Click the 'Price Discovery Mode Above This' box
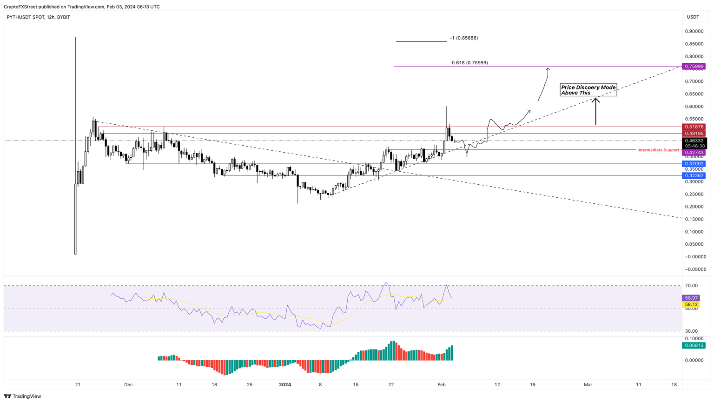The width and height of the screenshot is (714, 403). coord(588,90)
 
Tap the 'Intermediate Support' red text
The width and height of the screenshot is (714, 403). coord(658,150)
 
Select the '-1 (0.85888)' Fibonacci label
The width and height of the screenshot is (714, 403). coord(463,38)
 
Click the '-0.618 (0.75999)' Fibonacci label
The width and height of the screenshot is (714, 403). coord(469,62)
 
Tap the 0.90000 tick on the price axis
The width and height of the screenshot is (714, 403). coord(693,31)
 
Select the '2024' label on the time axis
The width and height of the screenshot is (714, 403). coord(285,384)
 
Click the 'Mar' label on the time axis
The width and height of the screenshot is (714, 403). coord(588,384)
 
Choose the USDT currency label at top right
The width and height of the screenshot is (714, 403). coord(693,17)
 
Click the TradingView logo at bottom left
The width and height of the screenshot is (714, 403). coord(23,396)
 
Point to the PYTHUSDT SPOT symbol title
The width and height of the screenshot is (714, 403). coord(26,17)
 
